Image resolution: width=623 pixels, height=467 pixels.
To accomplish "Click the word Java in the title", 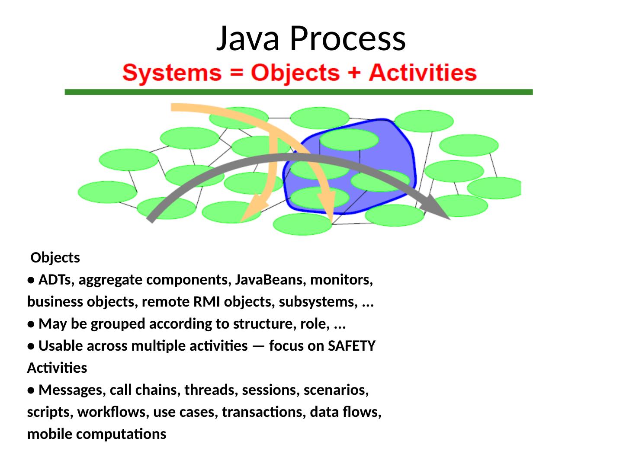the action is pyautogui.click(x=247, y=38).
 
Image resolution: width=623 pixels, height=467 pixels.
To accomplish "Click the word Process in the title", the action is pyautogui.click(x=347, y=38).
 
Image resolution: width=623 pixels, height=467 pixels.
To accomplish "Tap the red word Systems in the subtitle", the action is pyautogui.click(x=172, y=73).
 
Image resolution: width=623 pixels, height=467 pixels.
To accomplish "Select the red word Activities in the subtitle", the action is pyautogui.click(x=423, y=73).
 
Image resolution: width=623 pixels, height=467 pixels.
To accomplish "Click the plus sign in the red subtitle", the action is pyautogui.click(x=354, y=73).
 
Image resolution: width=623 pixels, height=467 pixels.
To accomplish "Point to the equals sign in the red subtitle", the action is pyautogui.click(x=236, y=73).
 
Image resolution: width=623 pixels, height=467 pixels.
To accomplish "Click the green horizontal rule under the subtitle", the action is pyautogui.click(x=299, y=92).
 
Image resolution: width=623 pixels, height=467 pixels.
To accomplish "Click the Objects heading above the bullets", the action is pyautogui.click(x=55, y=258).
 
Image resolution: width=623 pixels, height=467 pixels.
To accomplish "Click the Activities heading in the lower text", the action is pyautogui.click(x=57, y=368).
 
